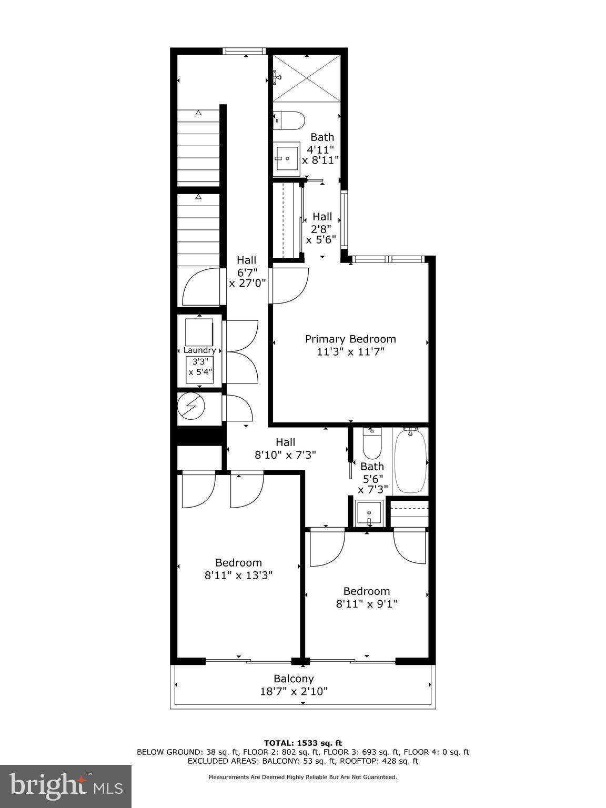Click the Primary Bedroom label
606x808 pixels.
(x=350, y=339)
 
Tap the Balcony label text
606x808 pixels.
(x=294, y=679)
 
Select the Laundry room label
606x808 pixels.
(x=199, y=350)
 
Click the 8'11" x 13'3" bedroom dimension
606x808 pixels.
(x=238, y=575)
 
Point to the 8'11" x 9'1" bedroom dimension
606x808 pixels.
(x=366, y=604)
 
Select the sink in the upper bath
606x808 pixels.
(x=287, y=157)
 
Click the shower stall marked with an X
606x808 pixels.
(x=307, y=78)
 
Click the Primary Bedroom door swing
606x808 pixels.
(x=289, y=285)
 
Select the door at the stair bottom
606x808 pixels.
(x=200, y=287)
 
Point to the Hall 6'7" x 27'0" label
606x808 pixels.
(x=247, y=271)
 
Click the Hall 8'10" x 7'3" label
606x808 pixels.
(x=286, y=449)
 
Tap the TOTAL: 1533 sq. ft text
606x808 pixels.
(x=302, y=743)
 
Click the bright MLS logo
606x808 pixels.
(x=66, y=786)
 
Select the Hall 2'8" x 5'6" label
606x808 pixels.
(x=322, y=228)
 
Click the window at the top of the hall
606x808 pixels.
(x=243, y=51)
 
